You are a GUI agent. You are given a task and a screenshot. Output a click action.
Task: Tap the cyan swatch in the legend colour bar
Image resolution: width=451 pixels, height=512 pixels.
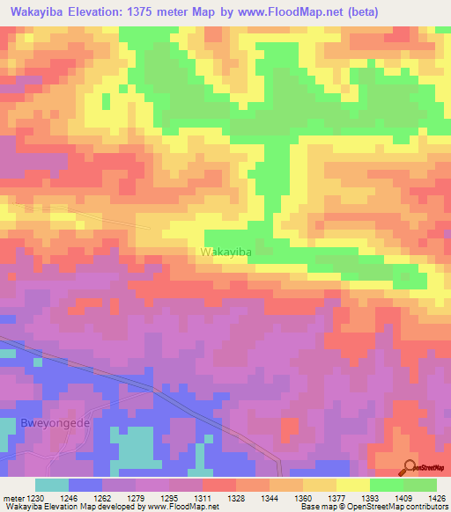[51, 484]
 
